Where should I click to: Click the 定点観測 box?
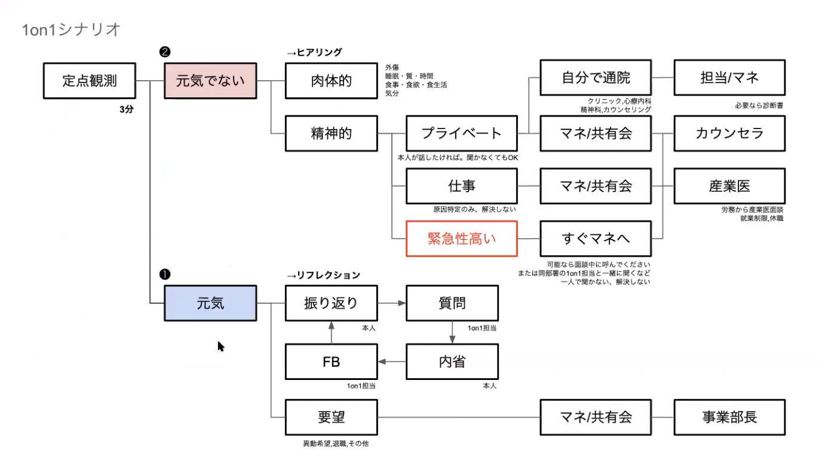click(90, 81)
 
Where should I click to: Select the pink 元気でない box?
click(210, 81)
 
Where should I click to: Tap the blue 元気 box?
click(210, 303)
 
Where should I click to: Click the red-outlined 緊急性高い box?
click(462, 239)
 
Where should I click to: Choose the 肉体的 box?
click(332, 81)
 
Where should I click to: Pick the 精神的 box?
click(332, 134)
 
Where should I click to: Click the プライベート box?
click(462, 134)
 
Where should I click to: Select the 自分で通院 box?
click(596, 78)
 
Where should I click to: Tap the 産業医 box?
click(729, 186)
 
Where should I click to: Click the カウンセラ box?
click(729, 134)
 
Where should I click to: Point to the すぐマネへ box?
click(596, 239)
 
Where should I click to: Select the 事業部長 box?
click(729, 417)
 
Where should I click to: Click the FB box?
click(332, 362)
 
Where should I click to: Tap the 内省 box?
click(452, 362)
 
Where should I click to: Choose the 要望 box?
click(332, 417)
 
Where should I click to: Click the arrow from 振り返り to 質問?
click(392, 303)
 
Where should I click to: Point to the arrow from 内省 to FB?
click(392, 362)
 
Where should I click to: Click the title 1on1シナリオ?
click(71, 29)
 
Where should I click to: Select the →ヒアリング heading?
click(314, 53)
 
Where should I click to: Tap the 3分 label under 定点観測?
click(126, 109)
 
